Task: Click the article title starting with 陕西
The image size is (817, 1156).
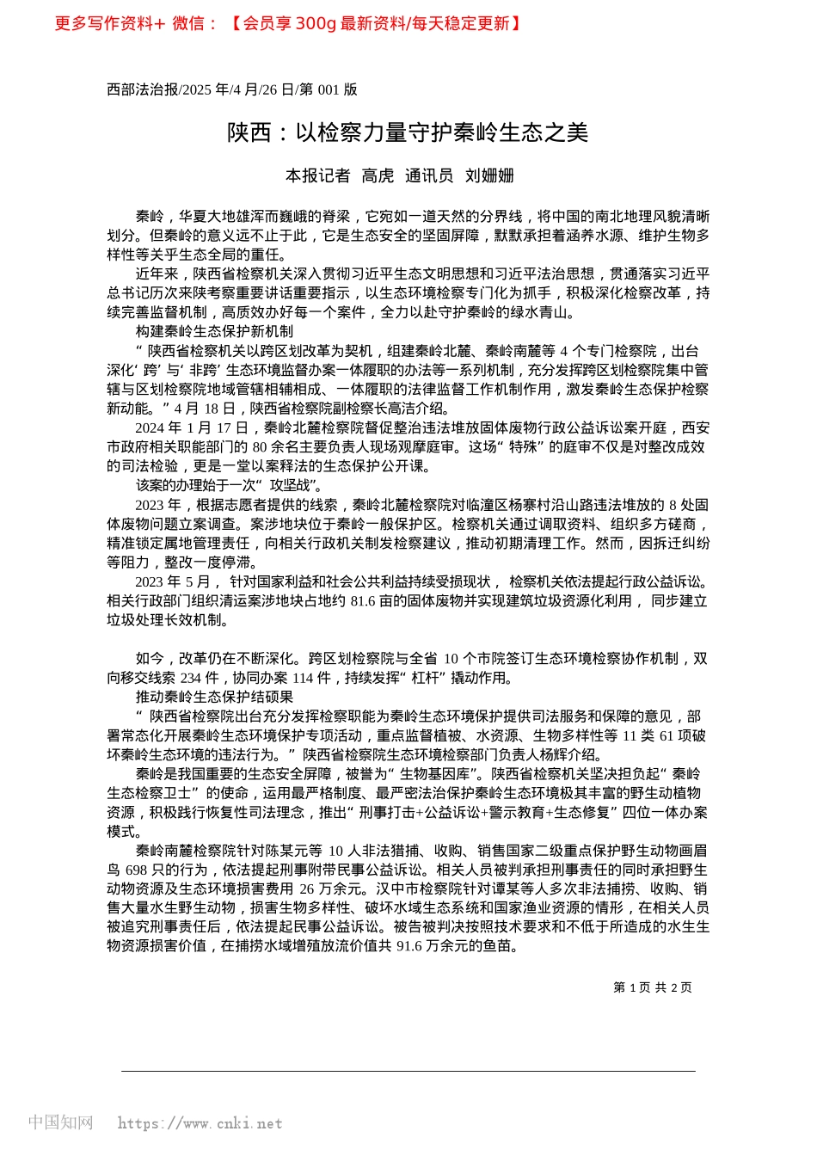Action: click(408, 132)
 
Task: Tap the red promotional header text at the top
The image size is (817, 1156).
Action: click(288, 23)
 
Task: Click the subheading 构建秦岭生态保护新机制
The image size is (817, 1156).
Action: click(214, 331)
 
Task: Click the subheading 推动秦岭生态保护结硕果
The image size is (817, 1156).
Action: click(214, 697)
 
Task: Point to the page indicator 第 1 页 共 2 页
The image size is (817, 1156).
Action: click(653, 987)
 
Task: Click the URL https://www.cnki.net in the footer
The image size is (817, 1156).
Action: click(200, 1123)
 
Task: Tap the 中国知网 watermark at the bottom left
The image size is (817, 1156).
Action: click(60, 1122)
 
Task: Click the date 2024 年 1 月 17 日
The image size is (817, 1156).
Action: click(191, 427)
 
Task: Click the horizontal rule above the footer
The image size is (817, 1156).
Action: click(408, 1072)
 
